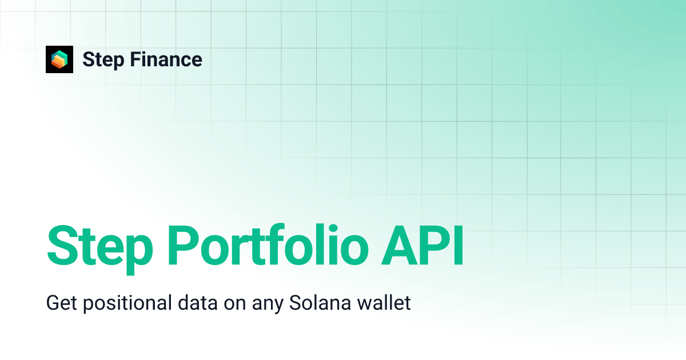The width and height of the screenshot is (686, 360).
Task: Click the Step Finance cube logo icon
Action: pyautogui.click(x=59, y=59)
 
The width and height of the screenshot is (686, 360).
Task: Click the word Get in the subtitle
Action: pyautogui.click(x=61, y=303)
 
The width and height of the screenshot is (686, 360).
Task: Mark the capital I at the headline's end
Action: pyautogui.click(x=457, y=247)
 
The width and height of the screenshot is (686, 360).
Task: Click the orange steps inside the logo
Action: pyautogui.click(x=58, y=62)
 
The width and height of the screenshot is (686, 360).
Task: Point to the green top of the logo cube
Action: pyautogui.click(x=59, y=54)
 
